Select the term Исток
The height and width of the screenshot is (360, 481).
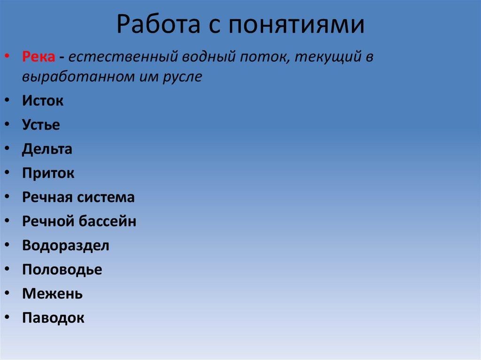(42, 100)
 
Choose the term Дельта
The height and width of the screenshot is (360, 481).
(47, 149)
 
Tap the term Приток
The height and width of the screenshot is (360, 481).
(48, 174)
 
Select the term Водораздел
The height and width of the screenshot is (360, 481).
(65, 245)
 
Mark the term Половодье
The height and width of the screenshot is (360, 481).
(62, 269)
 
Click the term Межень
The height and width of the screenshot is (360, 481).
(52, 294)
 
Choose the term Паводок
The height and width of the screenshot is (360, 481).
(53, 318)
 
